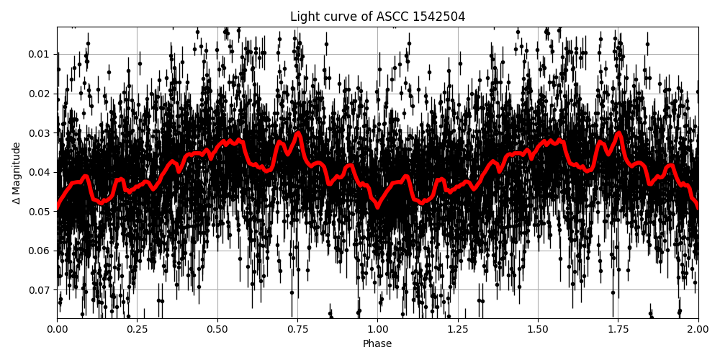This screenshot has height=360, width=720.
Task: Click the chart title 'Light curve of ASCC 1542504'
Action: pyautogui.click(x=377, y=17)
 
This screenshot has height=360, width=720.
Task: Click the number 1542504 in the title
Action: pyautogui.click(x=440, y=17)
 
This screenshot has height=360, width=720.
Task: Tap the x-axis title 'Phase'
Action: pyautogui.click(x=377, y=344)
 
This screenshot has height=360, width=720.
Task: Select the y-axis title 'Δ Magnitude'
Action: pyautogui.click(x=17, y=173)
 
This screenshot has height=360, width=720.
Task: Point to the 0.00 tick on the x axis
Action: pyautogui.click(x=58, y=330)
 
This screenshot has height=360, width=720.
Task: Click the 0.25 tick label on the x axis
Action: pyautogui.click(x=138, y=330)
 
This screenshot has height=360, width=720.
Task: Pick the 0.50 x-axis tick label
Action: pyautogui.click(x=217, y=330)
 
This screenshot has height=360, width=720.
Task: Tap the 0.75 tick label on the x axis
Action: pyautogui.click(x=297, y=330)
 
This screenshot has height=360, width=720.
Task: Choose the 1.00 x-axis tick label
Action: pyautogui.click(x=377, y=330)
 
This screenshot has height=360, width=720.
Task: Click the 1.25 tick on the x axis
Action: pyautogui.click(x=458, y=330)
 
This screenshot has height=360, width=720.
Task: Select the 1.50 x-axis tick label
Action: pyautogui.click(x=538, y=330)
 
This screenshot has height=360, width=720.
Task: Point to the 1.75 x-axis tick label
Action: pyautogui.click(x=618, y=330)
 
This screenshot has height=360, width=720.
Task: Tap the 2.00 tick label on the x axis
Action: pyautogui.click(x=698, y=330)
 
